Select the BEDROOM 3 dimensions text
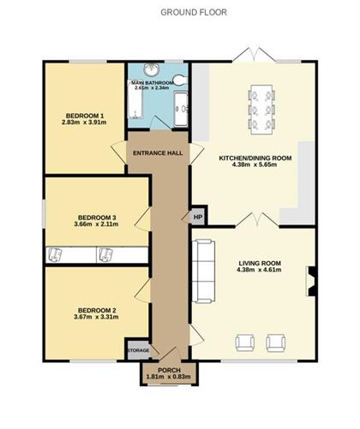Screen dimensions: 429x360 tap(96, 225)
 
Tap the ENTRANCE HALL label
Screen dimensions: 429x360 tap(157, 153)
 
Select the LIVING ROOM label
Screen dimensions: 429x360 tap(258, 264)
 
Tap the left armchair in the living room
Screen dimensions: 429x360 tap(244, 343)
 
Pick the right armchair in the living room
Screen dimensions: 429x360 tap(275, 343)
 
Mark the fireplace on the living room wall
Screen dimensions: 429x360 tap(312, 279)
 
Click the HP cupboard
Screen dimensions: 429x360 tap(197, 216)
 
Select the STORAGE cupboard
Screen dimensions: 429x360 tap(138, 351)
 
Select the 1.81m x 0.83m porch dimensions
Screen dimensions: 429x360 tap(169, 378)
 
